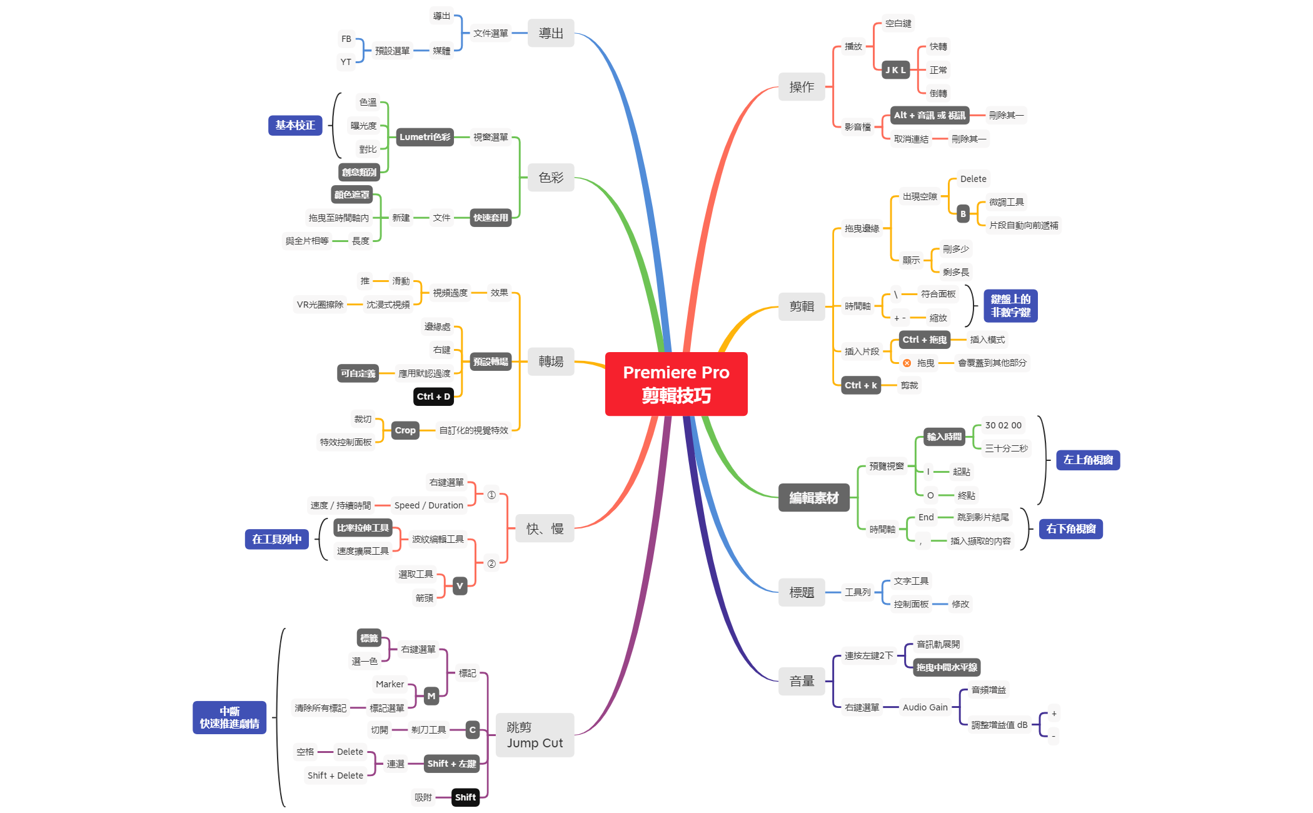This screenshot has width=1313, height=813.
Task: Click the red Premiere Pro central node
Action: pyautogui.click(x=676, y=383)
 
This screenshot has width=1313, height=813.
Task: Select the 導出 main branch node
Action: pyautogui.click(x=551, y=33)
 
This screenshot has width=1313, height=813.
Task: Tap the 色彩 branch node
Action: pyautogui.click(x=551, y=178)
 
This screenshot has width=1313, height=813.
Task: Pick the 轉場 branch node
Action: pyautogui.click(x=551, y=361)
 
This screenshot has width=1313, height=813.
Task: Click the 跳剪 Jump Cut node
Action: pyautogui.click(x=535, y=735)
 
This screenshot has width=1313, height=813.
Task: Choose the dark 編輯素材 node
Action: pyautogui.click(x=813, y=498)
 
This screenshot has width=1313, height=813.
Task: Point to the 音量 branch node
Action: pyautogui.click(x=802, y=681)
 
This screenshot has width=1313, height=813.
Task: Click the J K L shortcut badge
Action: pyautogui.click(x=895, y=70)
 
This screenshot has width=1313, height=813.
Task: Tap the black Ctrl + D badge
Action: pyautogui.click(x=433, y=396)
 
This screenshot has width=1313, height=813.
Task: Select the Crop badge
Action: pyautogui.click(x=405, y=430)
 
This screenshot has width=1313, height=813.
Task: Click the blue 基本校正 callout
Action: pyautogui.click(x=295, y=125)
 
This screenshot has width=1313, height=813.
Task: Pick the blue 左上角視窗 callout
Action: pyautogui.click(x=1088, y=460)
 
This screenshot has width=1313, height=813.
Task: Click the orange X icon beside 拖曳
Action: pyautogui.click(x=907, y=363)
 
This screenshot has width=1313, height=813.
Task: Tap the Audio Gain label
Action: pyautogui.click(x=925, y=707)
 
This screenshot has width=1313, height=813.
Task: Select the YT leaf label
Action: pyautogui.click(x=346, y=62)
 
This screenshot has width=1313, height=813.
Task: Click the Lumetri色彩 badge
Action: pyautogui.click(x=425, y=137)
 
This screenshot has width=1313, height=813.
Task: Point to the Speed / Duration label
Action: pyautogui.click(x=429, y=505)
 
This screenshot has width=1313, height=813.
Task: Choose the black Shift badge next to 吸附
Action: pyautogui.click(x=465, y=797)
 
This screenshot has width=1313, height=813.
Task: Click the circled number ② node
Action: pyautogui.click(x=491, y=563)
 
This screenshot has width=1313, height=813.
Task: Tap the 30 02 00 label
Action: pyautogui.click(x=1003, y=425)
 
